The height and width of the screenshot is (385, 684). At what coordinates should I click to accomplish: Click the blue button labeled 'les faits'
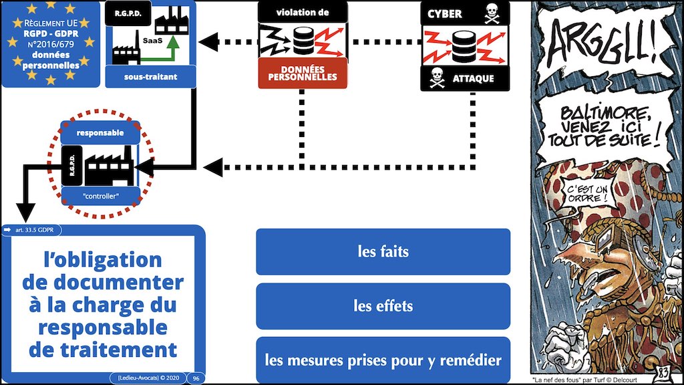(383, 252)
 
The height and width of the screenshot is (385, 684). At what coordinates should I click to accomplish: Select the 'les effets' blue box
(383, 307)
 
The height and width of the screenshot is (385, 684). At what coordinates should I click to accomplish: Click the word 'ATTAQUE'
(472, 79)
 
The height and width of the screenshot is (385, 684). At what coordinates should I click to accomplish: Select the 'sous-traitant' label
(151, 77)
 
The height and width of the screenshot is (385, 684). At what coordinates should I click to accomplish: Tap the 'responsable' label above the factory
(100, 133)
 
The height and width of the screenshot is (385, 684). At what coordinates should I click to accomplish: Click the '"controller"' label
(100, 195)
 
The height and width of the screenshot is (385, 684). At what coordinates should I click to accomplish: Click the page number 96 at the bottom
(198, 378)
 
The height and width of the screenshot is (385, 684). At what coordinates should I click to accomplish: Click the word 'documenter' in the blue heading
(103, 282)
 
